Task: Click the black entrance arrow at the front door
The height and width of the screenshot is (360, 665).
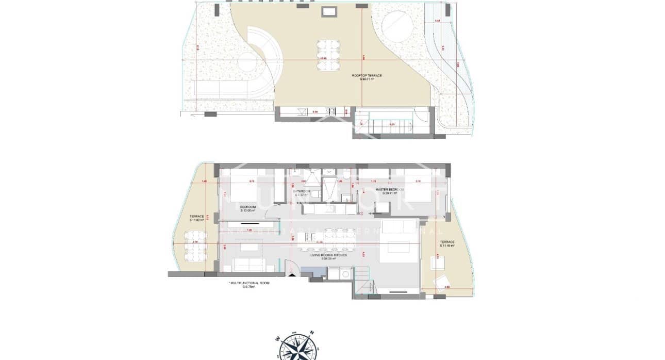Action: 292,275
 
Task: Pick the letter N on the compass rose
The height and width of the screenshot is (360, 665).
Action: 312,333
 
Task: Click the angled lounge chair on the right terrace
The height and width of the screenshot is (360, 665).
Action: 442,282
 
